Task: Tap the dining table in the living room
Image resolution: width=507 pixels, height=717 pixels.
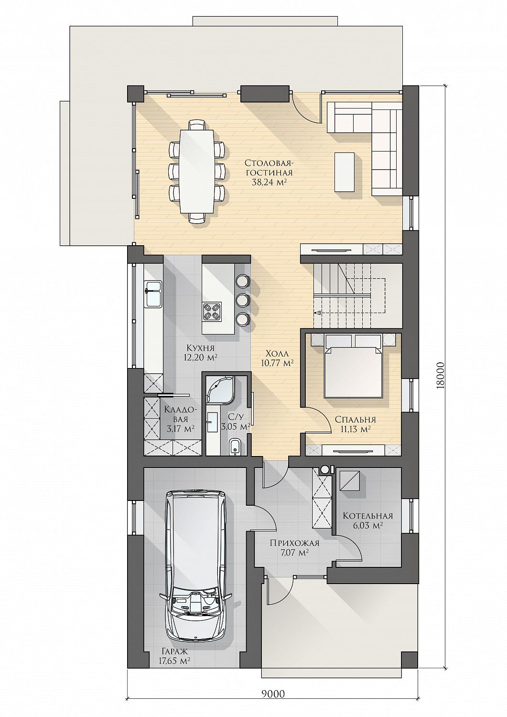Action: pyautogui.click(x=197, y=171)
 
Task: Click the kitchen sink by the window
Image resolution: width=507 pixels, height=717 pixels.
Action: pyautogui.click(x=153, y=294)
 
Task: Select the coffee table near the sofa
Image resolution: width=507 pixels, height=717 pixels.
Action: pyautogui.click(x=345, y=172)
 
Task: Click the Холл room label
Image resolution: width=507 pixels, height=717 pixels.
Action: pyautogui.click(x=277, y=354)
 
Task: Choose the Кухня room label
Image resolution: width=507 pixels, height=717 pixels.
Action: pyautogui.click(x=200, y=348)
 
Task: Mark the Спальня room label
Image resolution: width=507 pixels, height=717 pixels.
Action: pyautogui.click(x=356, y=419)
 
